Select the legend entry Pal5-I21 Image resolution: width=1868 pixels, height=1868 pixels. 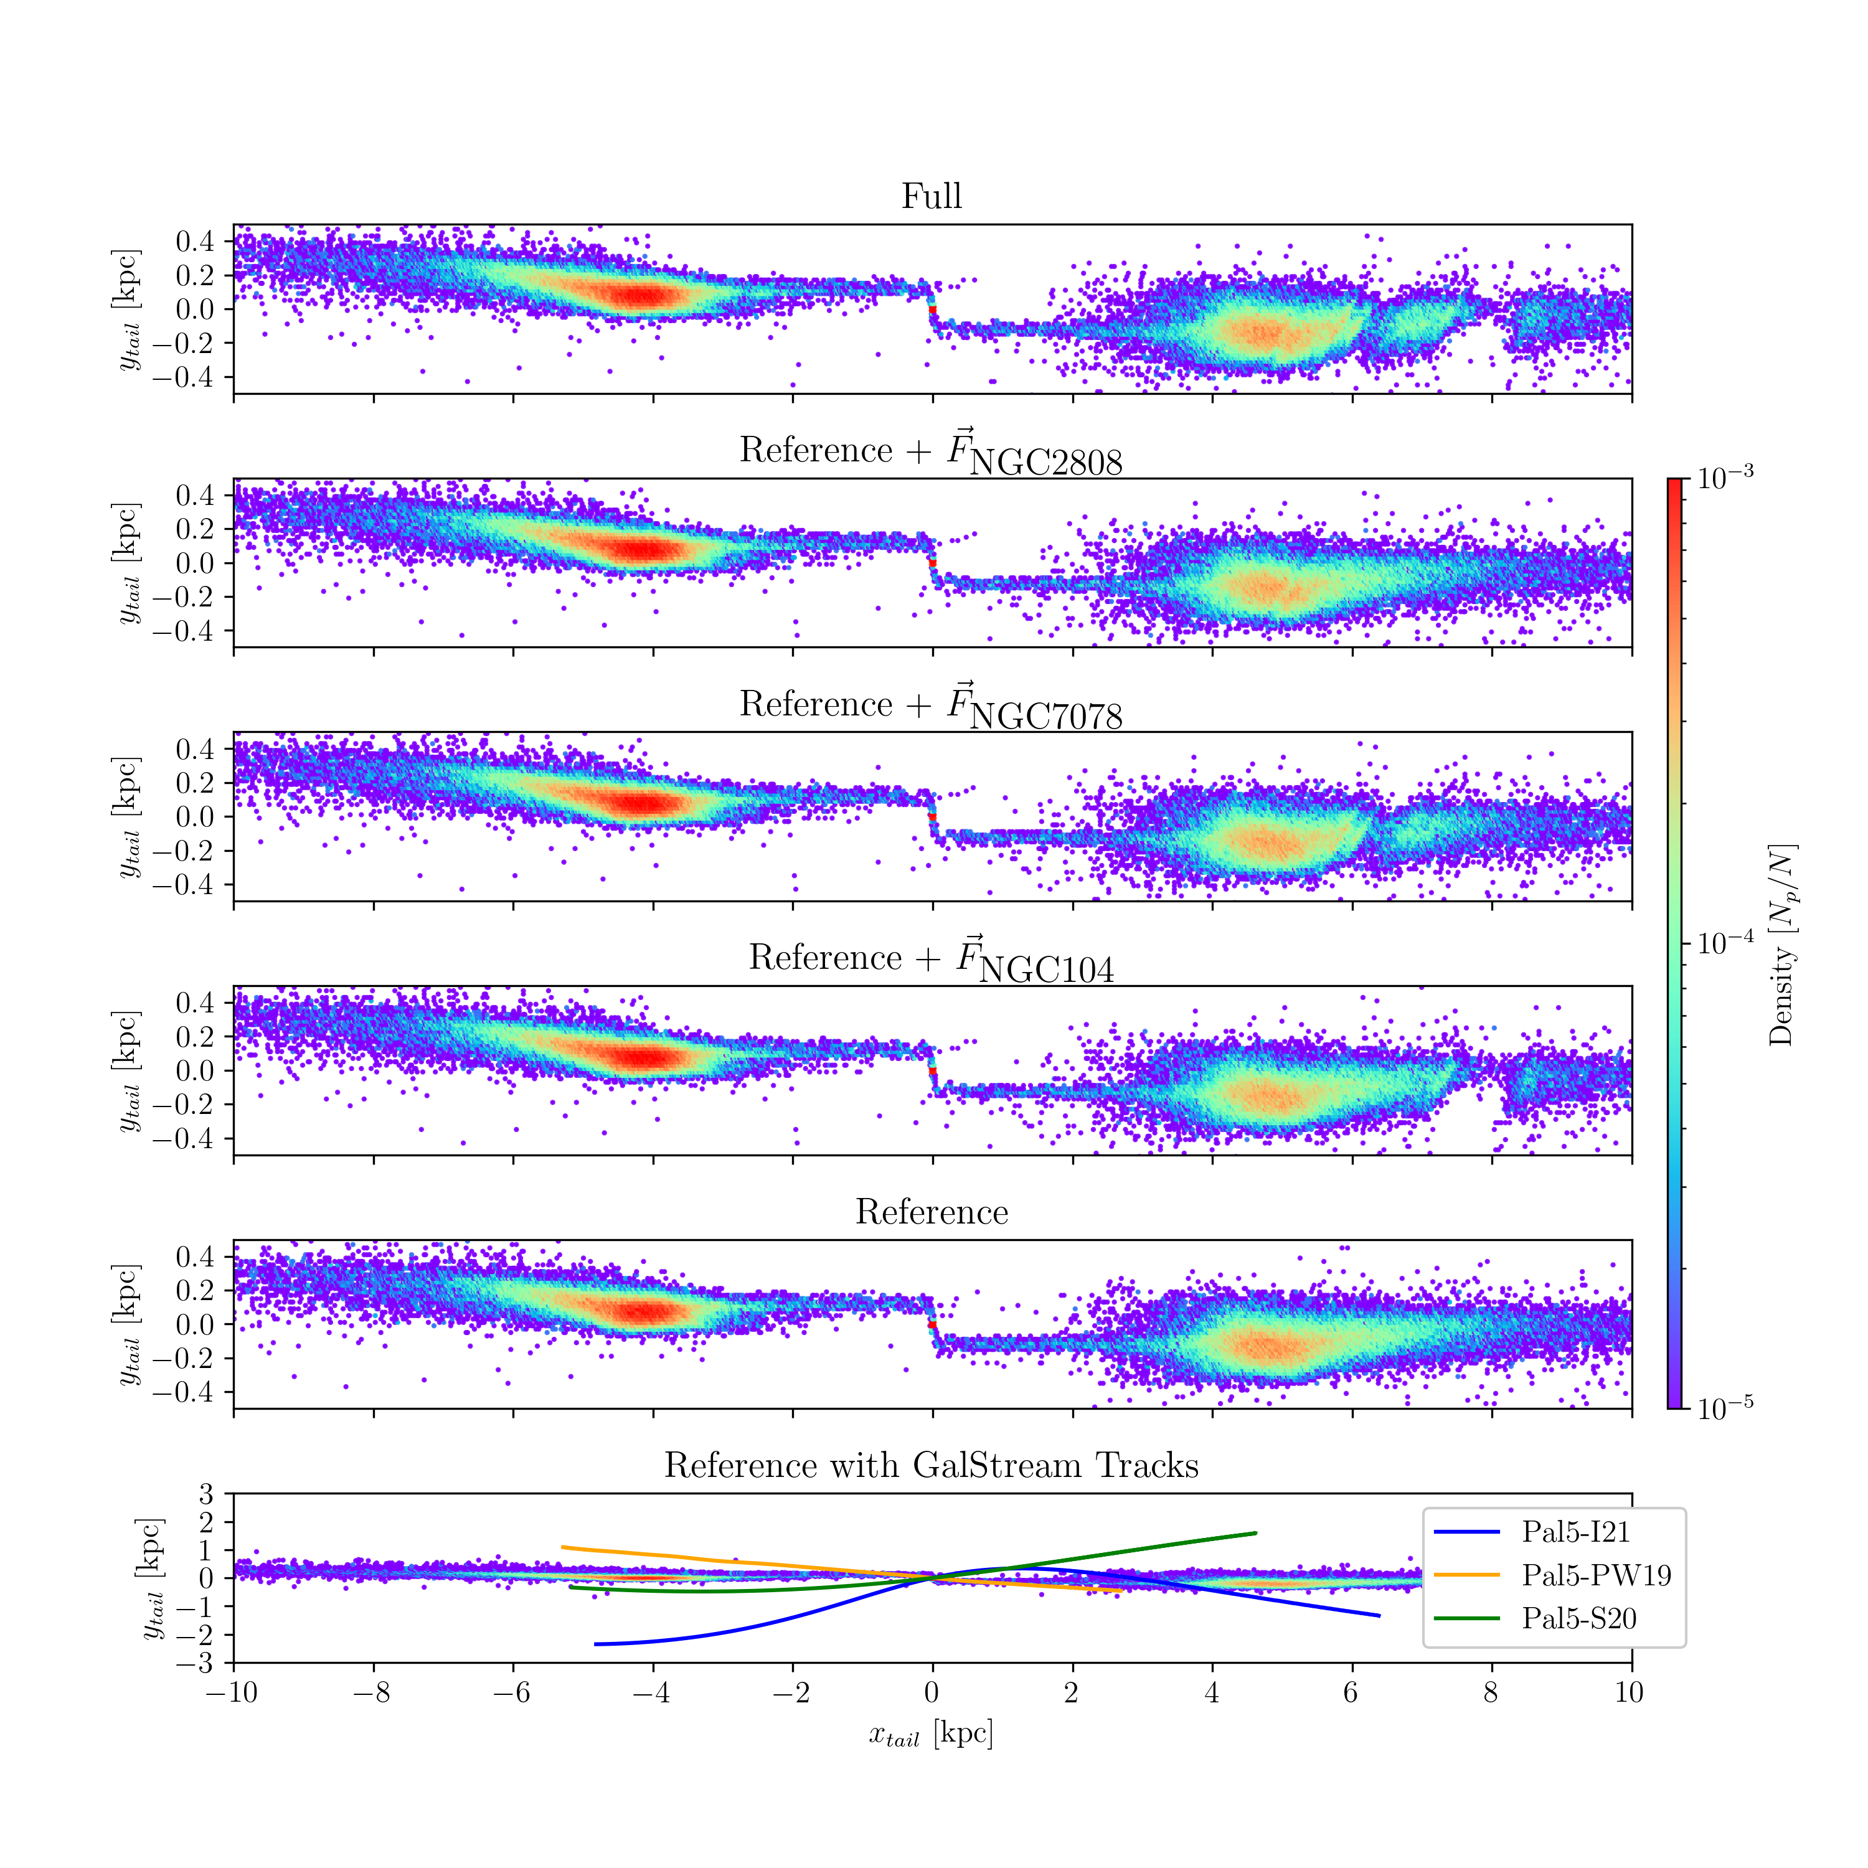coord(1575,1532)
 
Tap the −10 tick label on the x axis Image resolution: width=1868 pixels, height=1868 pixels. coord(232,1692)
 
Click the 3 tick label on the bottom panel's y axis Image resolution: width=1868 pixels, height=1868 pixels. coord(206,1495)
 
